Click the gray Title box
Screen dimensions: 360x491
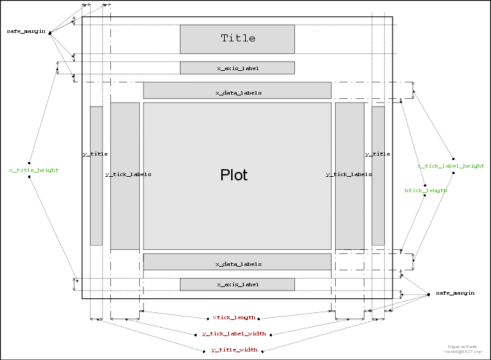[x=237, y=39]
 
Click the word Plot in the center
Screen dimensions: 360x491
[x=234, y=175]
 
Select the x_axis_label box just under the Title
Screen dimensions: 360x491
[x=237, y=68]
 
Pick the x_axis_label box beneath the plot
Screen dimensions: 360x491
[x=237, y=284]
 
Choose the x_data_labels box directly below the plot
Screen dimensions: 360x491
[x=237, y=264]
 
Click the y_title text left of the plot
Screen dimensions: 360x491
[x=95, y=154]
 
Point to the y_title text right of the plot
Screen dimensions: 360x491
[x=377, y=154]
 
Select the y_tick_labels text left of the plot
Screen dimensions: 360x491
[x=128, y=174]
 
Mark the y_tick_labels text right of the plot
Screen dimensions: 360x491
[x=349, y=174]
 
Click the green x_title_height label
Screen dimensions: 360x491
[x=34, y=170]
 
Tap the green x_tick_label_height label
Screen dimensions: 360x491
[x=450, y=166]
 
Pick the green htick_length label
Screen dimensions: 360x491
[x=426, y=190]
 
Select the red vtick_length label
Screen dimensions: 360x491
[x=234, y=317]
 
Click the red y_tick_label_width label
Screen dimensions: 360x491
[x=234, y=333]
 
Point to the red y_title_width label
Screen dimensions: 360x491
[x=234, y=349]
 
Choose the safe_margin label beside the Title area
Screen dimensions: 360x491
[x=26, y=32]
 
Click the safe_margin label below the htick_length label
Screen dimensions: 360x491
[x=454, y=293]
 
